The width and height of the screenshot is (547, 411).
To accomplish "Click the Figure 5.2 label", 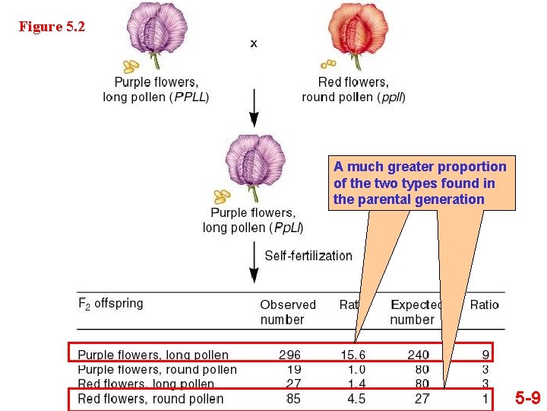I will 52,27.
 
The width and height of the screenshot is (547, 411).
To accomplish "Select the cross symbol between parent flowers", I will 253,43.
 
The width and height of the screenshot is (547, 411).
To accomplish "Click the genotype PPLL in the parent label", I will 190,97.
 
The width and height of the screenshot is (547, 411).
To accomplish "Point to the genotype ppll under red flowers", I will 392,97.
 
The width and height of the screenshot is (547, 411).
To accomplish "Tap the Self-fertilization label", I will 308,256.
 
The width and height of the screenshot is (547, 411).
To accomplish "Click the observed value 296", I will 289,355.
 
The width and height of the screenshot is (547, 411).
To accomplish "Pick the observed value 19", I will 292,370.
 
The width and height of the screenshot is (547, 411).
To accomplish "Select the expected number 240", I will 418,355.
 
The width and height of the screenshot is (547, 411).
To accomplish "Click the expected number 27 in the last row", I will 422,398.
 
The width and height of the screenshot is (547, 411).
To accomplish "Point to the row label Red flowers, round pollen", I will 150,398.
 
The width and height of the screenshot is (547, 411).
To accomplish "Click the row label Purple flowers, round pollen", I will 157,370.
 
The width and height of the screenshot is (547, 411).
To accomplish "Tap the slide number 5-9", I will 528,397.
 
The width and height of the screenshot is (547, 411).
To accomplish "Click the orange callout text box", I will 419,183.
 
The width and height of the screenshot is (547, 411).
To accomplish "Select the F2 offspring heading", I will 111,303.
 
